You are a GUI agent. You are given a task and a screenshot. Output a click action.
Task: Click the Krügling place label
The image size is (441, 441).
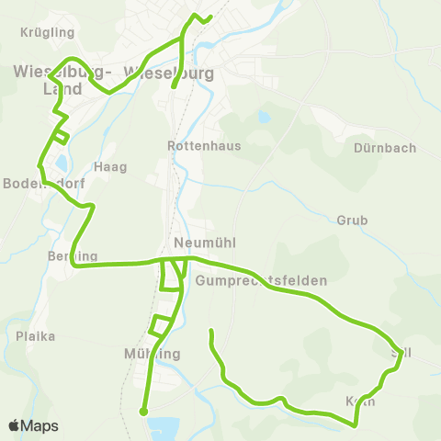(47, 32)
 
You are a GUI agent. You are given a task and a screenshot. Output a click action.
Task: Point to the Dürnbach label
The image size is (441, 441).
(384, 148)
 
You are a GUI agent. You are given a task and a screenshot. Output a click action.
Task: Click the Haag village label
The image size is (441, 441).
(110, 167)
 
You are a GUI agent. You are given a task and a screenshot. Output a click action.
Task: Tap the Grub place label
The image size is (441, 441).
(352, 220)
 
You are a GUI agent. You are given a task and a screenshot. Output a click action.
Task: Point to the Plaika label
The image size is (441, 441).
(36, 336)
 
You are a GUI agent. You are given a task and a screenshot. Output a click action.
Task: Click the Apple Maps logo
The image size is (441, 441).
(33, 425)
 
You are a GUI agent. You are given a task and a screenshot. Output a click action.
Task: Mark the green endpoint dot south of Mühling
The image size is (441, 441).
(143, 412)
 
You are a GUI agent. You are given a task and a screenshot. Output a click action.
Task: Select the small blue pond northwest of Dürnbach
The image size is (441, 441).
(266, 118)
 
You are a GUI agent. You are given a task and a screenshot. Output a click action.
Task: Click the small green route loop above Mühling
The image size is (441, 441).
(161, 325)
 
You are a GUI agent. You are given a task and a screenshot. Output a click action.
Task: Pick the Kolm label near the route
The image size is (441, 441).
(360, 401)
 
